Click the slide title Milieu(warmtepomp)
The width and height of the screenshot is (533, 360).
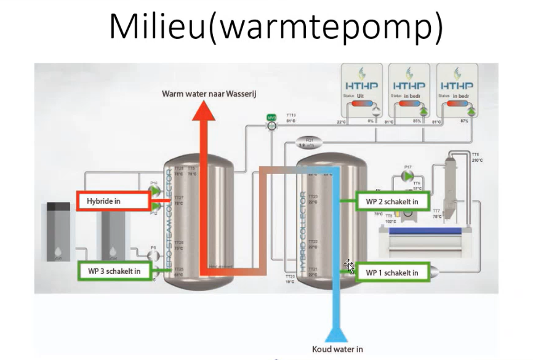[x=275, y=28]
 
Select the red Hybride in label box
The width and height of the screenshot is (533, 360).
[x=114, y=201]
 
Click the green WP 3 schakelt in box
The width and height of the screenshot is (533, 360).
[x=115, y=271]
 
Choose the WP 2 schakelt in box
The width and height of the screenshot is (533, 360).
[x=392, y=201]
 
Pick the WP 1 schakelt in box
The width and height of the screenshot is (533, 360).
[x=391, y=272]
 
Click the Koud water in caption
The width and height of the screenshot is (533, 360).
[x=337, y=349]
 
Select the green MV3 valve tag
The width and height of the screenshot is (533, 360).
[x=271, y=117]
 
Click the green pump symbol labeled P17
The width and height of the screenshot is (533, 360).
[x=407, y=176]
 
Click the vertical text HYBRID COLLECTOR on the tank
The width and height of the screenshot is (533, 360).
[x=303, y=231]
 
